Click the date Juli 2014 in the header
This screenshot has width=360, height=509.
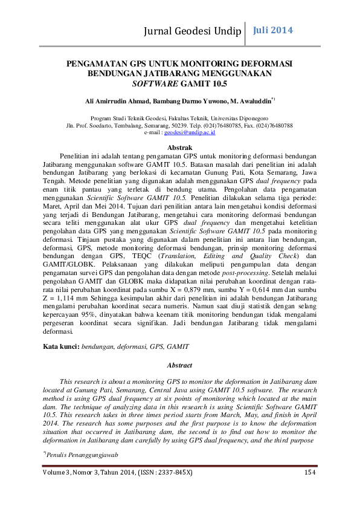click(x=272, y=30)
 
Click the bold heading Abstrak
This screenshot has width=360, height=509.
click(x=179, y=148)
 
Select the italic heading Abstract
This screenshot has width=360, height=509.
click(x=179, y=365)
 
